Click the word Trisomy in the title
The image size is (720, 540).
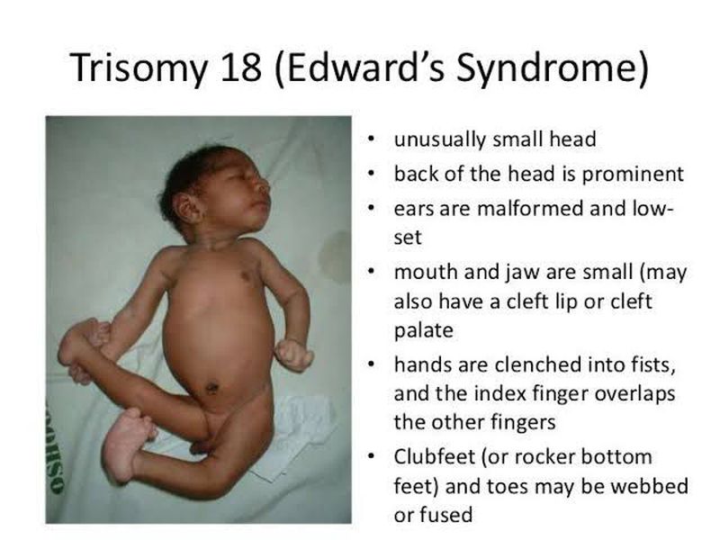click(139, 68)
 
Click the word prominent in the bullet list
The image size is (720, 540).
click(633, 175)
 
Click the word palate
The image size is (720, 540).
click(423, 330)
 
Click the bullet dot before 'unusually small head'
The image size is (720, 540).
click(371, 139)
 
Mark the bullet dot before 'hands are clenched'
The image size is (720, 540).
click(371, 364)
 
